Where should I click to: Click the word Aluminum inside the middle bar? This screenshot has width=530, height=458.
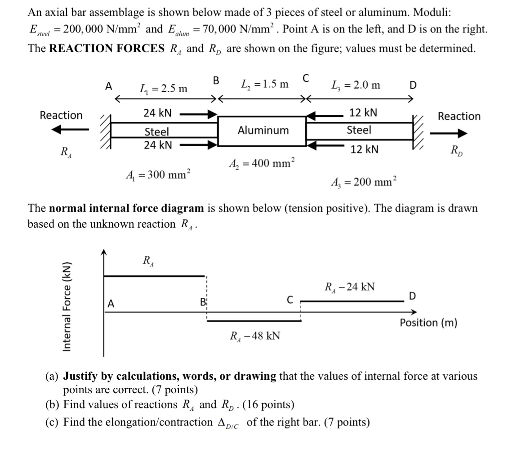point(263,130)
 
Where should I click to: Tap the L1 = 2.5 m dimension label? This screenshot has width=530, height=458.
point(163,88)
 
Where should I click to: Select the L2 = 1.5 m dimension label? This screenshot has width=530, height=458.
point(264,84)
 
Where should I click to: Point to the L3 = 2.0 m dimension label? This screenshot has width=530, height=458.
point(355,85)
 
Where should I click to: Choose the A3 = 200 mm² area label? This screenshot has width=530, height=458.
point(363,182)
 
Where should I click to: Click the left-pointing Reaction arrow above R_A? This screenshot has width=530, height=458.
point(66,130)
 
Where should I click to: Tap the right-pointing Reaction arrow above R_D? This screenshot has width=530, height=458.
point(448,133)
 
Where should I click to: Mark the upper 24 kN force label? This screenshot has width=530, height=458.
point(157,113)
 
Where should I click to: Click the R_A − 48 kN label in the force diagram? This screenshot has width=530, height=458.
point(255,336)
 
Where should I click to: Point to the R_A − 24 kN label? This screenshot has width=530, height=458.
point(349,287)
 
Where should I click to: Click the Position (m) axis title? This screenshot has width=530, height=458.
point(428,323)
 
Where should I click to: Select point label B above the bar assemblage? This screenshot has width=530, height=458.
point(216,81)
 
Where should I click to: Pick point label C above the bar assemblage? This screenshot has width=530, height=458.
point(306,78)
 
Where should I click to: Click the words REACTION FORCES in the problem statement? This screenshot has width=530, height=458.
point(106,48)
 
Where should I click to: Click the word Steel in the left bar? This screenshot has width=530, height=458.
point(156,132)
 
